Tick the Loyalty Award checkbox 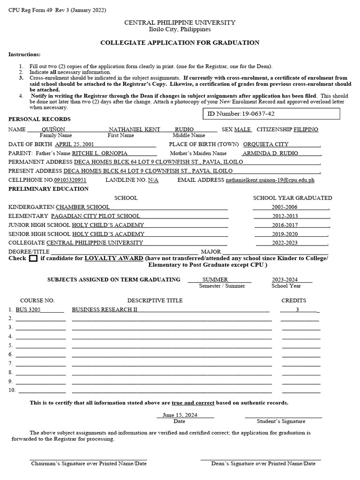(33, 258)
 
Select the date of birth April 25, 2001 (75, 144)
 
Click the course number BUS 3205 (28, 310)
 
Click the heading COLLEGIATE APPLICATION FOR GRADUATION (180, 43)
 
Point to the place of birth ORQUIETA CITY (266, 144)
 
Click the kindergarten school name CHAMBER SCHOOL (83, 207)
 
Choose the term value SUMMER (215, 279)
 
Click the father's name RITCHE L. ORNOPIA (99, 153)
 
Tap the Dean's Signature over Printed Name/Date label (263, 464)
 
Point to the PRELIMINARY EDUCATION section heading (48, 189)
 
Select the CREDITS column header (293, 300)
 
